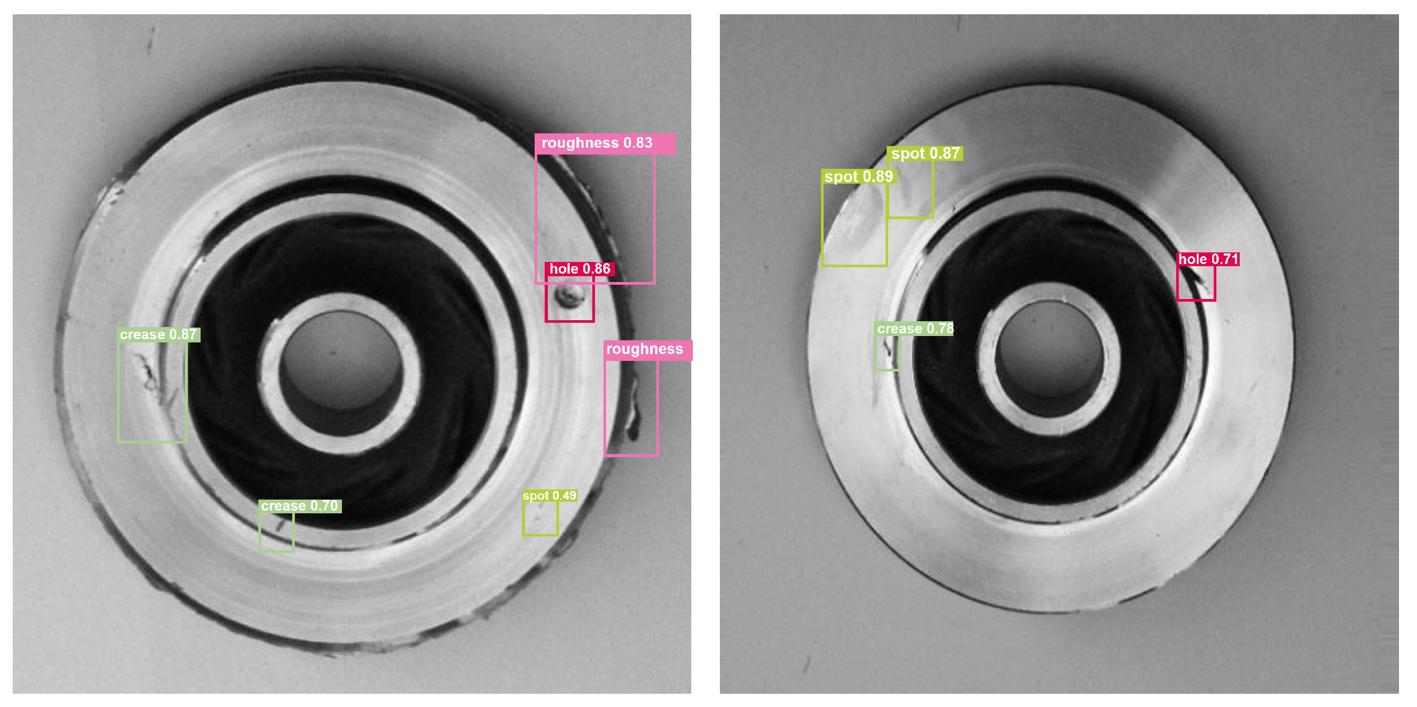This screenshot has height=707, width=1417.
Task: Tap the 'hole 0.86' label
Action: coord(580,269)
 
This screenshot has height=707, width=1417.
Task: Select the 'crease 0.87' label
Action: coord(158,335)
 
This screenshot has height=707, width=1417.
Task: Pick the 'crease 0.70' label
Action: coord(300,506)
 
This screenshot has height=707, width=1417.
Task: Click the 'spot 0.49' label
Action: coord(549,495)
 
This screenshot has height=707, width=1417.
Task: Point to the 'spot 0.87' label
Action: coord(925,153)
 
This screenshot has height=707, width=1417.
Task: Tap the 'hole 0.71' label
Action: coord(1208,259)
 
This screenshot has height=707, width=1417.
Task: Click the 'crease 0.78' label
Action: coord(914,329)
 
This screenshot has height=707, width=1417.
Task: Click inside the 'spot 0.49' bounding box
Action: coord(540,519)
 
